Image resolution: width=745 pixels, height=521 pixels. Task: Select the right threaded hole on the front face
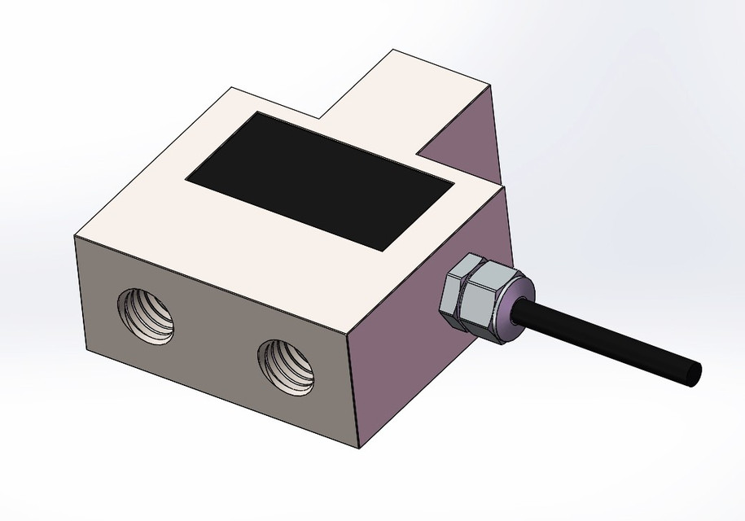coord(287,367)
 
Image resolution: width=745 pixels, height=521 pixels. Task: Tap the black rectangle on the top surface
coord(320,180)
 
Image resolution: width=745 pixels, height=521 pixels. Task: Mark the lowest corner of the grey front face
coord(357,448)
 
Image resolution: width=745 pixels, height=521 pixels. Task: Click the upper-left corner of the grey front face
coord(75,237)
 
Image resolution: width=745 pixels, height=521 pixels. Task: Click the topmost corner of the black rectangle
coord(258,112)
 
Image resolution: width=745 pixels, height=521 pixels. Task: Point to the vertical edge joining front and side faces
coord(353,391)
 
